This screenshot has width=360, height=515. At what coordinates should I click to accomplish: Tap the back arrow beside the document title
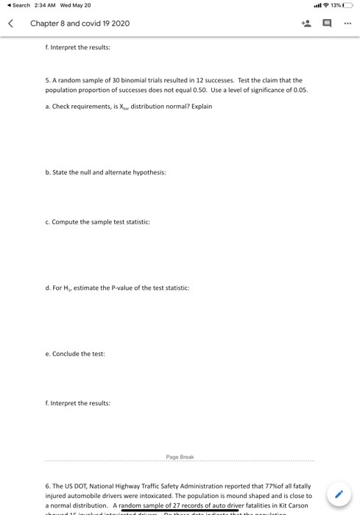tap(11, 23)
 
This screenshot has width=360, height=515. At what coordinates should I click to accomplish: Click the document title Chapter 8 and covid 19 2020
tap(80, 24)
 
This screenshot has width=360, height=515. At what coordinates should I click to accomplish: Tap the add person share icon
tap(306, 23)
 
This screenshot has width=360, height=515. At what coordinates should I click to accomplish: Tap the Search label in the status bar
tap(21, 5)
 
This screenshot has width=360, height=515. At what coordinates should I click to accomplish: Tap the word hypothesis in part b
tap(149, 172)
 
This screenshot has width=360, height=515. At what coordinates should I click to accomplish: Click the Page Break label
tap(180, 457)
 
